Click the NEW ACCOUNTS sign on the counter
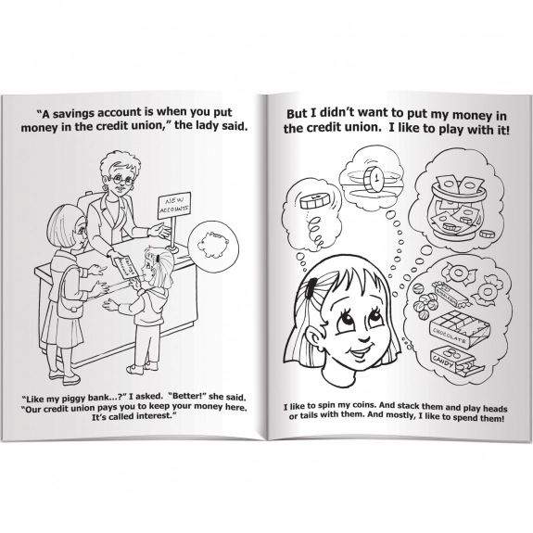tap(174, 205)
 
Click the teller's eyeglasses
tap(121, 181)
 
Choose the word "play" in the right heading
tap(453, 131)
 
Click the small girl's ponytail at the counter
tap(164, 268)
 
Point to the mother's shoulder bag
tap(67, 291)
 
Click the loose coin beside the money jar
tap(487, 234)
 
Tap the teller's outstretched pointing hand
tap(159, 231)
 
